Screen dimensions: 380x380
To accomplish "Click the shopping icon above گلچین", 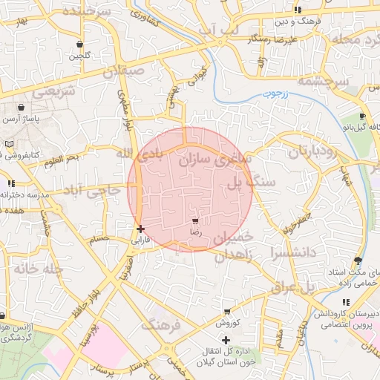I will click(79, 43).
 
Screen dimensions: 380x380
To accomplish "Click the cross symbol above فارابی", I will click(140, 229).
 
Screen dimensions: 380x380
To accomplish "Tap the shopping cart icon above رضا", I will click(195, 221).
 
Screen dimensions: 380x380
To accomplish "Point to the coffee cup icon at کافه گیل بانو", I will click(362, 117).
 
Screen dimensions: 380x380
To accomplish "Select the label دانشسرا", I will click(299, 252).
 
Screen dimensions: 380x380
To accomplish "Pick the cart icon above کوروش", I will click(226, 312).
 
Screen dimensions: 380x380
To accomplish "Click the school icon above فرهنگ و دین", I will click(298, 10).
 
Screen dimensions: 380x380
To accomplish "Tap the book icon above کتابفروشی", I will click(9, 143).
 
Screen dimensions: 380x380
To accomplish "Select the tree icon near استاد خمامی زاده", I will click(358, 261).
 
